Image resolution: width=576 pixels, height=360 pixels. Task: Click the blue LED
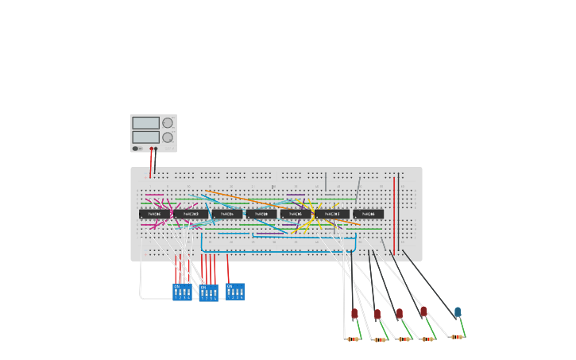click(x=458, y=312)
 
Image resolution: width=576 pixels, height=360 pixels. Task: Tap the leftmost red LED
click(x=354, y=314)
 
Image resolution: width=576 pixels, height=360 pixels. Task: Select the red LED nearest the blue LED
click(x=423, y=312)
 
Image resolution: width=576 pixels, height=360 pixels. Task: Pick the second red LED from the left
click(x=377, y=314)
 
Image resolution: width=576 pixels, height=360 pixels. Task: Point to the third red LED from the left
click(x=400, y=313)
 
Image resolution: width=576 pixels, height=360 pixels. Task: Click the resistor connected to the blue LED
click(x=457, y=337)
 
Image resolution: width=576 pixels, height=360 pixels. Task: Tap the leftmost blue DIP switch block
click(x=182, y=292)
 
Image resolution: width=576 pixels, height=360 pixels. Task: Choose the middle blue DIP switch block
click(x=208, y=292)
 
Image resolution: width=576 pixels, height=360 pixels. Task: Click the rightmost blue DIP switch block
click(x=235, y=291)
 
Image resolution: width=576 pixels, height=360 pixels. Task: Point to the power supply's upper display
click(x=145, y=123)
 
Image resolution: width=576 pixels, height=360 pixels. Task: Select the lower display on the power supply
click(x=145, y=137)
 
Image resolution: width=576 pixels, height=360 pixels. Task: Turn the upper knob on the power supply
click(x=168, y=122)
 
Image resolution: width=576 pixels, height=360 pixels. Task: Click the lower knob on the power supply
click(x=168, y=137)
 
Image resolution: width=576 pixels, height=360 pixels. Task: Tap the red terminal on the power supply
click(x=151, y=149)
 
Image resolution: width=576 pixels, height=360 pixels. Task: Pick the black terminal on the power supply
click(x=156, y=149)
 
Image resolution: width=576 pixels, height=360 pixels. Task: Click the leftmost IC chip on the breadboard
click(x=149, y=214)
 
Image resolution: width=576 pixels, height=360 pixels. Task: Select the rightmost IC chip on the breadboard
click(x=368, y=214)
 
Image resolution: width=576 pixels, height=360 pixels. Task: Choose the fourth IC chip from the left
click(x=261, y=214)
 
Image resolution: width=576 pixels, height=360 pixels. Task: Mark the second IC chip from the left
click(x=191, y=214)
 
